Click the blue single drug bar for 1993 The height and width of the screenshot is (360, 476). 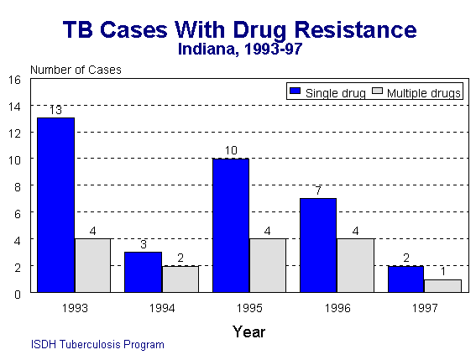(x=55, y=205)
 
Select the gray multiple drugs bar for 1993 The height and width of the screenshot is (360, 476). (x=93, y=265)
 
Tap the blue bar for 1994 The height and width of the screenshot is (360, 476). (x=143, y=272)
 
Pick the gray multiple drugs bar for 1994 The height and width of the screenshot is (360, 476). (x=180, y=279)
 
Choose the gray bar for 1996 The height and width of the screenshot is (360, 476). (x=355, y=265)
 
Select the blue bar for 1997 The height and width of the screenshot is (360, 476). (x=405, y=279)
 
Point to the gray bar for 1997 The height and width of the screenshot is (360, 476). (x=442, y=285)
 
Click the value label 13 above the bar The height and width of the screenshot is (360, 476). (x=55, y=110)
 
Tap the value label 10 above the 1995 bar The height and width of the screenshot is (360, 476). (x=230, y=151)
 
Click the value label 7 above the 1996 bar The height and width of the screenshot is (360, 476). (x=318, y=191)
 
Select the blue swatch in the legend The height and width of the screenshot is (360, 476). (x=295, y=92)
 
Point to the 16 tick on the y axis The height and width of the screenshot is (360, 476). (x=14, y=80)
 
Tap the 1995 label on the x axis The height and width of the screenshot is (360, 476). (x=249, y=308)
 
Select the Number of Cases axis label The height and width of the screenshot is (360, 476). (x=76, y=69)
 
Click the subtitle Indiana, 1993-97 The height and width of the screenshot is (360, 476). (x=239, y=49)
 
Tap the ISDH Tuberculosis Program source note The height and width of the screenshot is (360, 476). (x=97, y=344)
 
